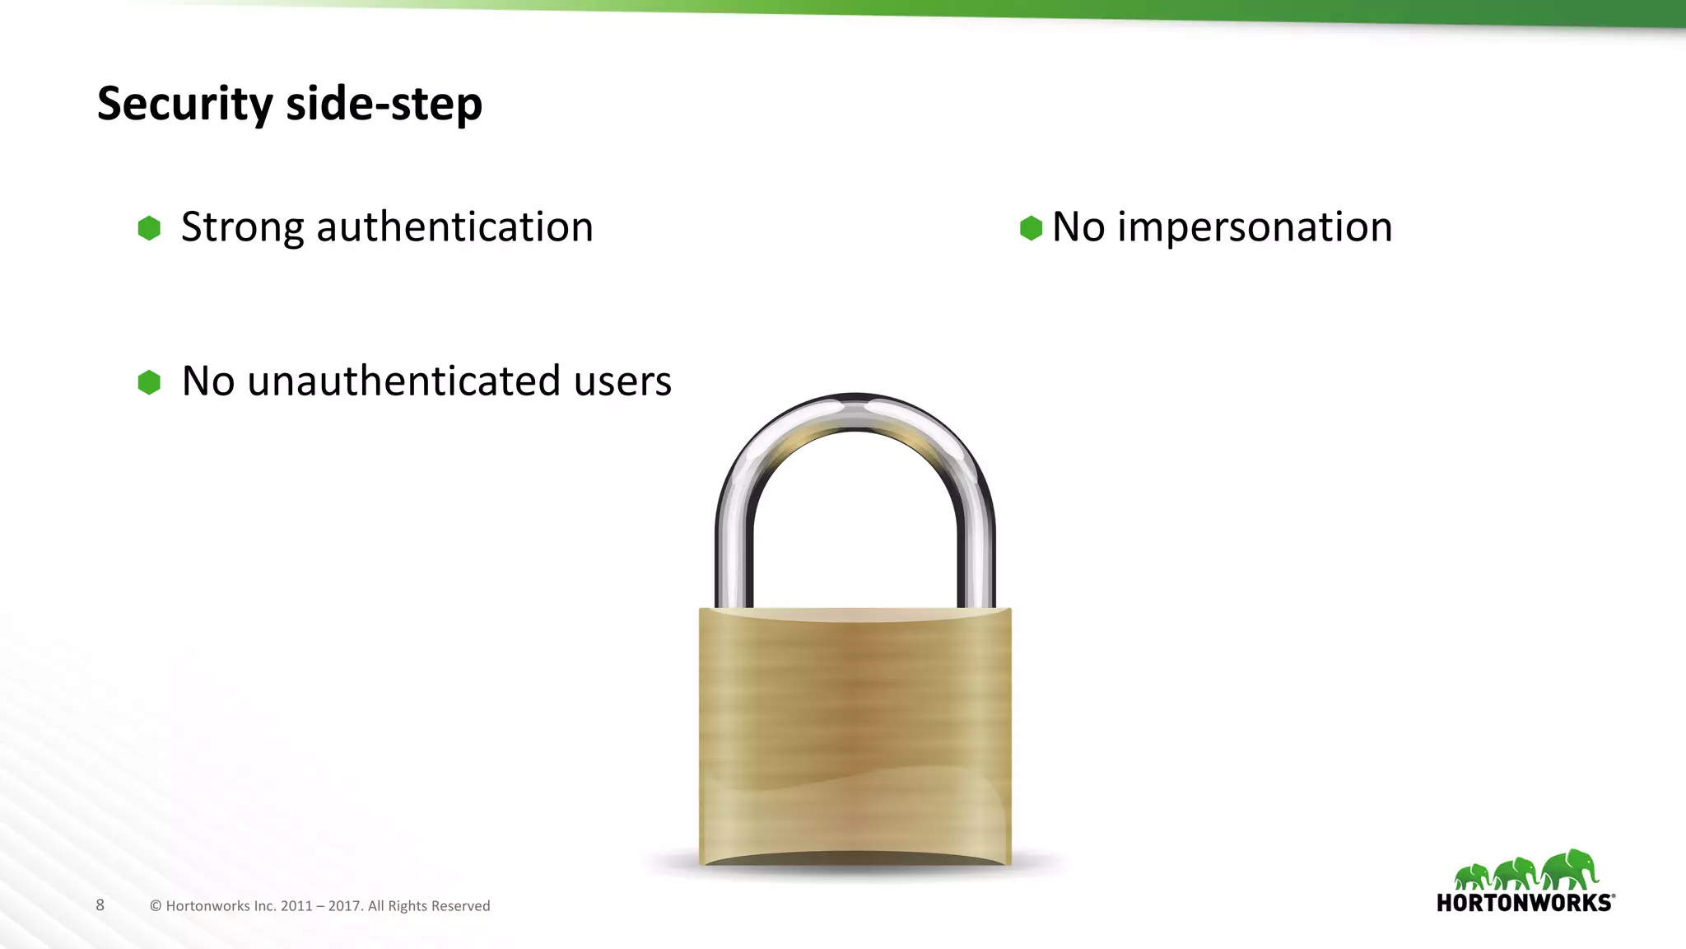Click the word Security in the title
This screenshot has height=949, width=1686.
point(184,104)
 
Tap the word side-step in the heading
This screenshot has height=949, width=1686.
point(384,104)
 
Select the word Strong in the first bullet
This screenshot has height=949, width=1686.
point(242,227)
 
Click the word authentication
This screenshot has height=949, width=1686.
point(454,227)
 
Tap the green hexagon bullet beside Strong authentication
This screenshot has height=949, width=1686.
point(149,228)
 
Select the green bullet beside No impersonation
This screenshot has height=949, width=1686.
point(1031,228)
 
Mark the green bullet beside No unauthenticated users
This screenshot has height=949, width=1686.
point(149,382)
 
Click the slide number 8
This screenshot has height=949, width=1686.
point(100,905)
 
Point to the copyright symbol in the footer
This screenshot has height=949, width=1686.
point(156,906)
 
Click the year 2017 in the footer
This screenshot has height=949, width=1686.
point(344,906)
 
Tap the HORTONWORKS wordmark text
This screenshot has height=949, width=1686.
point(1525,903)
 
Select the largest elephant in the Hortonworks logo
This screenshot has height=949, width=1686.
point(1571,870)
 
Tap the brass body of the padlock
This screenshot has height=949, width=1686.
point(855,733)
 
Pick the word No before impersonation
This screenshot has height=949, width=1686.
point(1078,227)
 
